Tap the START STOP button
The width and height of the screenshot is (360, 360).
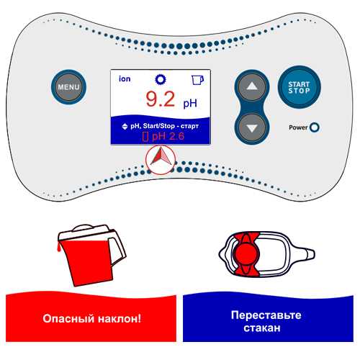[299, 87]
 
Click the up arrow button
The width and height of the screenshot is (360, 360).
[252, 86]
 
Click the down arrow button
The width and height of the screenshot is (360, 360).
[252, 128]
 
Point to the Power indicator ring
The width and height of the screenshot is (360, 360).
[315, 127]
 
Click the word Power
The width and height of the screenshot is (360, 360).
[298, 127]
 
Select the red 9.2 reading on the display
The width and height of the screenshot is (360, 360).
[161, 99]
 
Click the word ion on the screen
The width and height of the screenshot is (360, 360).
[125, 78]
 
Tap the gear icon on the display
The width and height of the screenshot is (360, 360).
[161, 79]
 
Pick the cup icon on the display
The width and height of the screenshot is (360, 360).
[198, 80]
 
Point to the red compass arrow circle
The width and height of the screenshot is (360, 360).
[161, 159]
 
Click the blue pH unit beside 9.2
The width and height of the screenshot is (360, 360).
[190, 103]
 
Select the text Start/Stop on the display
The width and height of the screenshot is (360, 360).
[158, 126]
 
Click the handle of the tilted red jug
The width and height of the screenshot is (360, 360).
[117, 250]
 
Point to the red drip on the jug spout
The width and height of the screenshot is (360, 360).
[58, 248]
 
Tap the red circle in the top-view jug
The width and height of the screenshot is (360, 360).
[246, 254]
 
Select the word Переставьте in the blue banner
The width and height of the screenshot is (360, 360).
[266, 315]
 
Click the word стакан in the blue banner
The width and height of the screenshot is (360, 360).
[262, 328]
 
